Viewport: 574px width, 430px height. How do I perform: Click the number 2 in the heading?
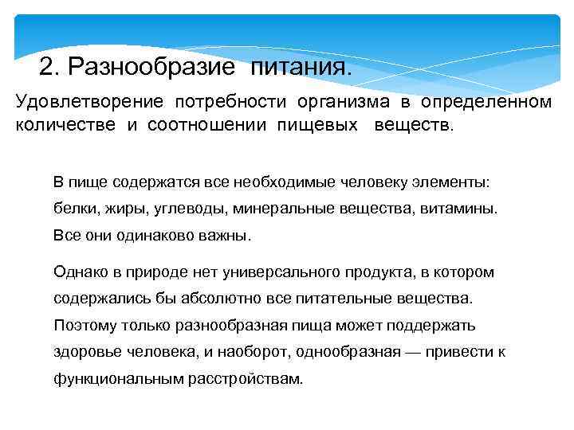click(45, 66)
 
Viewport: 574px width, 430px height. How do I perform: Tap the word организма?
click(344, 103)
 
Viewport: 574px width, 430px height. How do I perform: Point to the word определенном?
click(486, 103)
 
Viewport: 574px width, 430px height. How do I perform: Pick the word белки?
click(73, 209)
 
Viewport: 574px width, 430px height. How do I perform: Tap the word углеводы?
click(181, 209)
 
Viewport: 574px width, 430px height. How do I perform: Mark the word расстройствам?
click(246, 379)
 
